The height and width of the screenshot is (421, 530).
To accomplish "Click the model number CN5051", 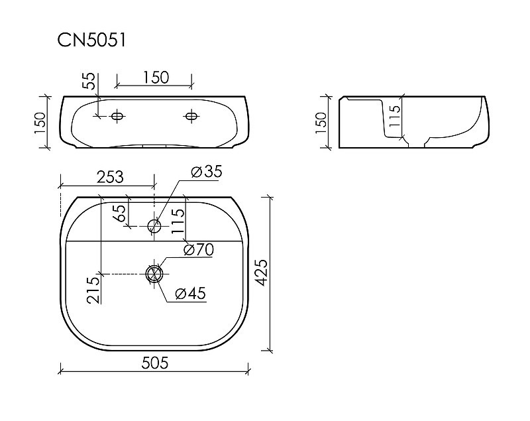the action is [x=91, y=40].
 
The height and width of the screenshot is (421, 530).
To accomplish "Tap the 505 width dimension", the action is [x=155, y=363].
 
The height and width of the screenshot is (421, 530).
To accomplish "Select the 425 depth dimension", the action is [x=261, y=272].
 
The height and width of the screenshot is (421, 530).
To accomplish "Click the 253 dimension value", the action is [x=110, y=177].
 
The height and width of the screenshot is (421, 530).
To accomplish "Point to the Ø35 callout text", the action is [x=207, y=172].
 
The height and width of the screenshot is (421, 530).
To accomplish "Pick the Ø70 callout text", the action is [x=199, y=250].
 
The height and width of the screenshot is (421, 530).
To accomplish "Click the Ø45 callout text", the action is [x=191, y=293].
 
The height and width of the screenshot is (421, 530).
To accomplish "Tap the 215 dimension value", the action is [x=93, y=290].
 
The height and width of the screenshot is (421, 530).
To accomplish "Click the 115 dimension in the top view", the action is [x=178, y=221].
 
